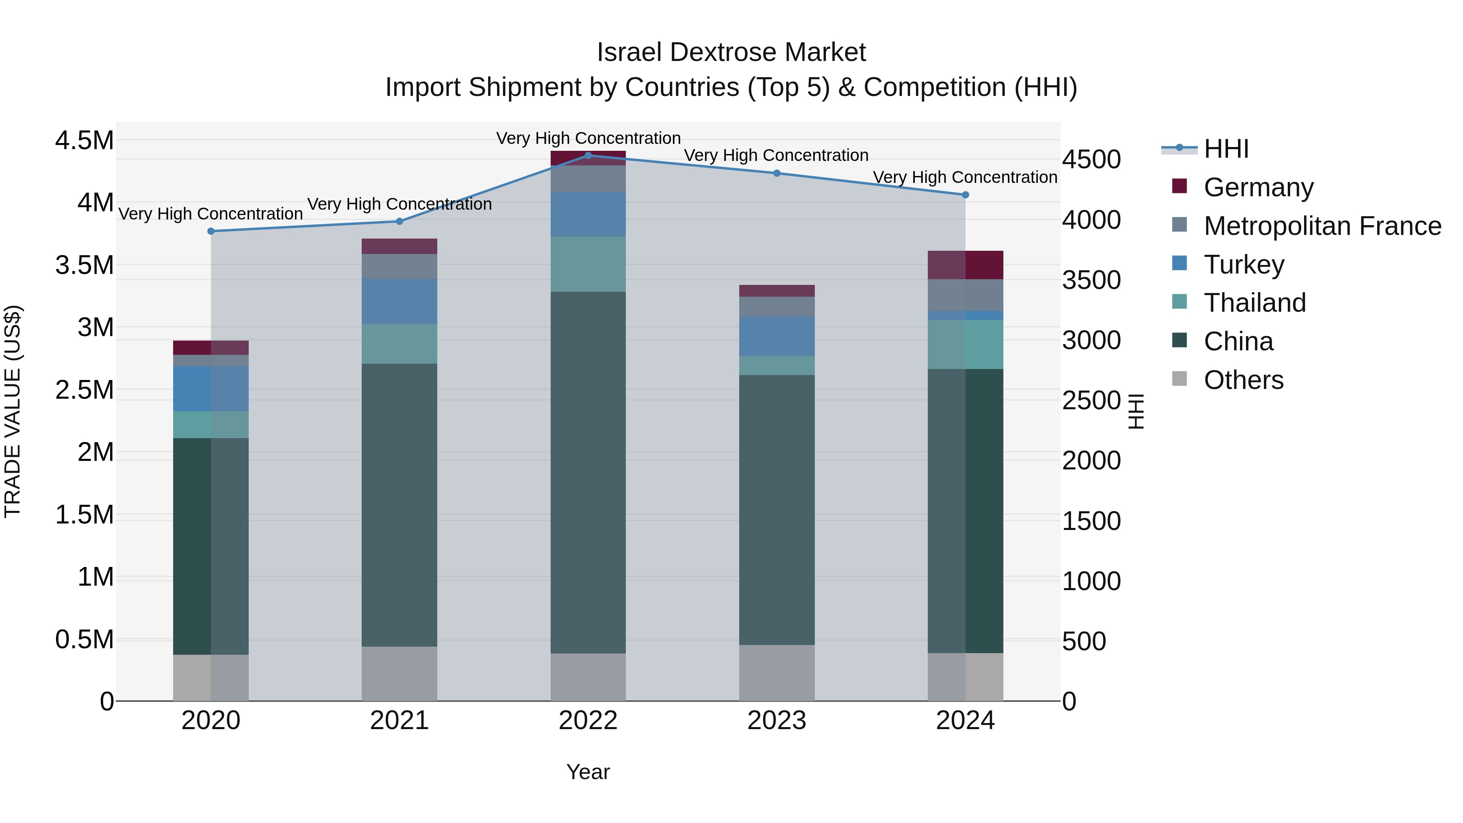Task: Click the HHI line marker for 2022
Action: point(588,155)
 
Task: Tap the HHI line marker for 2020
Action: point(211,231)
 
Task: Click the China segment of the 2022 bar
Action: point(588,471)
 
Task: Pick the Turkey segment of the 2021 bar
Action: point(399,301)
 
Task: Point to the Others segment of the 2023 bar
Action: point(776,673)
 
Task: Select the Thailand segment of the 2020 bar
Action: point(211,424)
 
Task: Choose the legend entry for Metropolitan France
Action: point(1322,226)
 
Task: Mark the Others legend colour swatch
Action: point(1180,379)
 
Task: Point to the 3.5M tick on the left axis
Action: point(84,265)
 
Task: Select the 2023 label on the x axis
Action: point(776,721)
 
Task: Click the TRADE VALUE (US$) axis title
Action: point(13,411)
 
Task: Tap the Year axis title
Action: point(588,772)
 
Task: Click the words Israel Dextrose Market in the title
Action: point(731,52)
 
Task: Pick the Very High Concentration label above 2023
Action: point(776,155)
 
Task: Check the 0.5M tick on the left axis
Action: point(84,640)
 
